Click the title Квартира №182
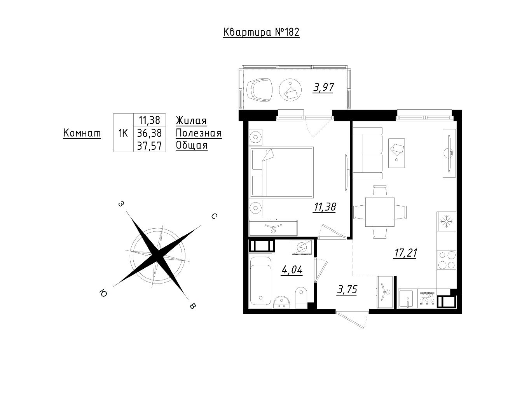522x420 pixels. (x=261, y=33)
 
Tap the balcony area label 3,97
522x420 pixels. (x=323, y=87)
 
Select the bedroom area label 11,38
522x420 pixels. (x=325, y=207)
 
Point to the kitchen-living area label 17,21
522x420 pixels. (x=405, y=253)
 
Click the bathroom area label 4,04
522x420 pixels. (x=292, y=269)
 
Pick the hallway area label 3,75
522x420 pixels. (x=347, y=289)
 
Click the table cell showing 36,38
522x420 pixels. (x=149, y=133)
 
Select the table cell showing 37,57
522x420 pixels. (x=149, y=146)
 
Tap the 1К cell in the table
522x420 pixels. (x=123, y=133)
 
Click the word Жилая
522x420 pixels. (x=191, y=121)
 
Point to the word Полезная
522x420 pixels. (x=199, y=133)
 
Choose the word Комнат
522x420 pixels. (x=82, y=133)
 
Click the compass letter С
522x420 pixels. (x=214, y=216)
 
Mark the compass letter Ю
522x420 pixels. (x=103, y=293)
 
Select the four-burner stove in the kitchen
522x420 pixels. (x=447, y=260)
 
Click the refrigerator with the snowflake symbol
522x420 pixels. (x=447, y=221)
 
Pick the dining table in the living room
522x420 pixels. (x=380, y=212)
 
